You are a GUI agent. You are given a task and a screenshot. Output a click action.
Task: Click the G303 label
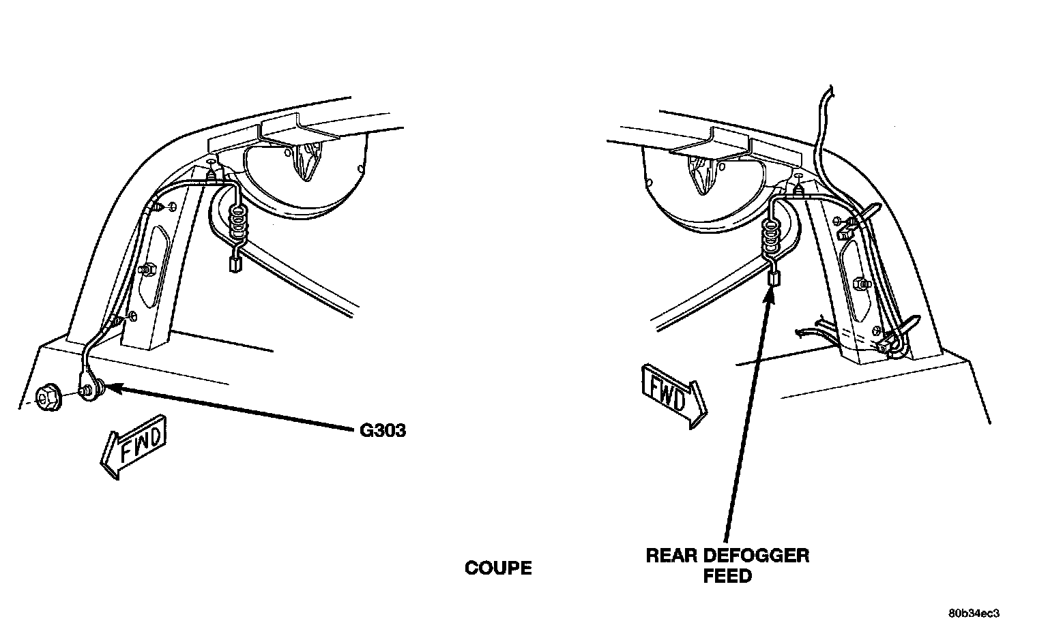(x=382, y=430)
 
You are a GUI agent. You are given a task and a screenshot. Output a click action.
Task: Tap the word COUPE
(x=498, y=568)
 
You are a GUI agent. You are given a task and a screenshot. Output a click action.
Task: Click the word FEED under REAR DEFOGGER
(x=727, y=576)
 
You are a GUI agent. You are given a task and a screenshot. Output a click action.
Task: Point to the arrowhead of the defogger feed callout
(x=773, y=292)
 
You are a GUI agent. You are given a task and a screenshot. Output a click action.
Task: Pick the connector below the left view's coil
(x=235, y=264)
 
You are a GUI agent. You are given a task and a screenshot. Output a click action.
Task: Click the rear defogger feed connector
(x=774, y=277)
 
